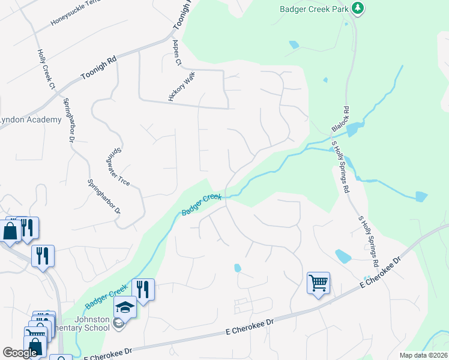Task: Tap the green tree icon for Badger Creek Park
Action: tap(358, 8)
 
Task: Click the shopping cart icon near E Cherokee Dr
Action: tap(318, 282)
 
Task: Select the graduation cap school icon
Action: tap(125, 307)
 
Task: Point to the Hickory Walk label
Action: tap(182, 86)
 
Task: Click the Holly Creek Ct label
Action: tap(46, 69)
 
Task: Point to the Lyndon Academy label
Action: tap(30, 119)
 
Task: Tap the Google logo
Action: tap(20, 353)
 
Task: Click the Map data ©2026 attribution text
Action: tap(423, 355)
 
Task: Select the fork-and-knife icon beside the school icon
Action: tap(143, 289)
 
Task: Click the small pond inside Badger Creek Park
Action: tap(293, 44)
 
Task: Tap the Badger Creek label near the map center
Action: tap(202, 205)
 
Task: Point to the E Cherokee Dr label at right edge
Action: tap(380, 273)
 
